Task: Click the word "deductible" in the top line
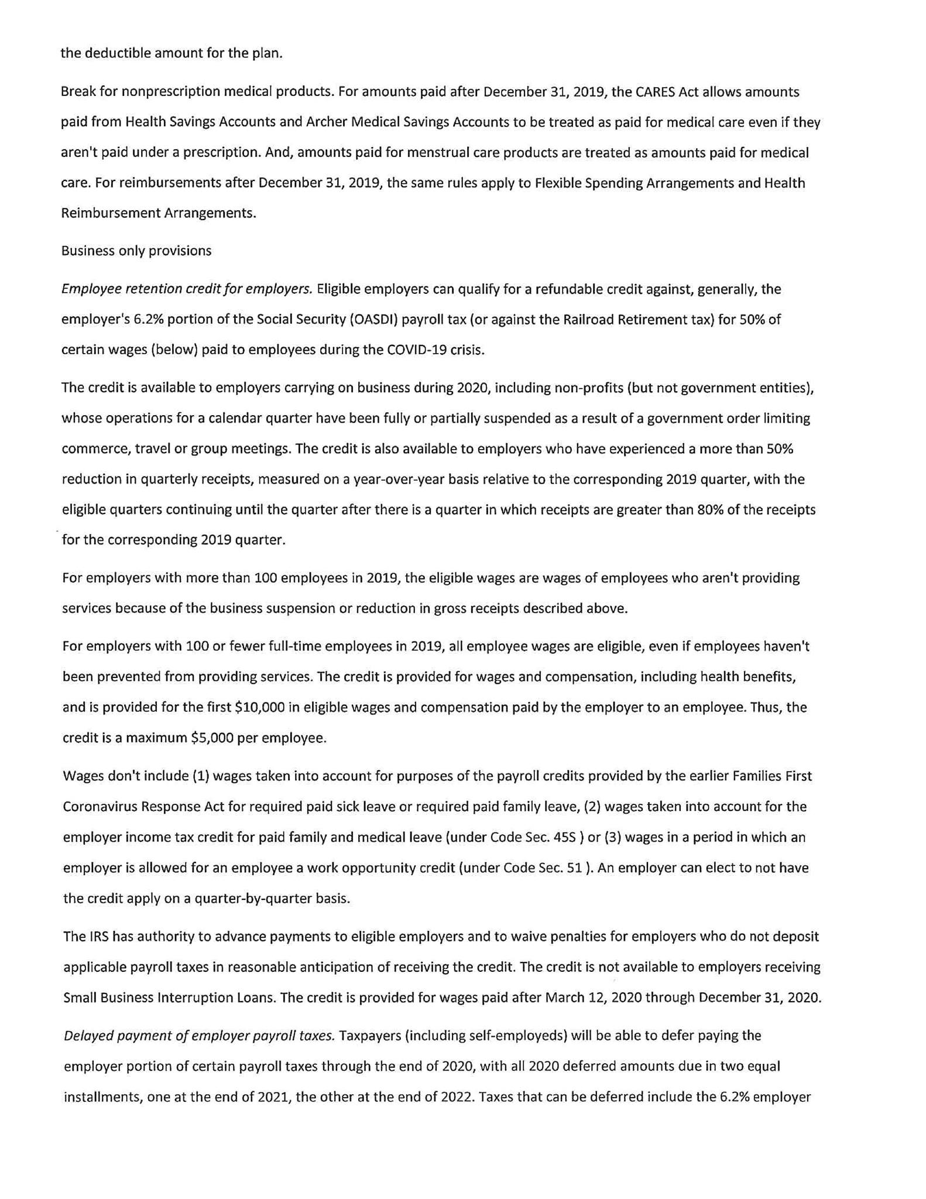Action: [x=116, y=53]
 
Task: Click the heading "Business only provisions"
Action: [x=136, y=251]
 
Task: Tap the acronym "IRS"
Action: [x=99, y=937]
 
